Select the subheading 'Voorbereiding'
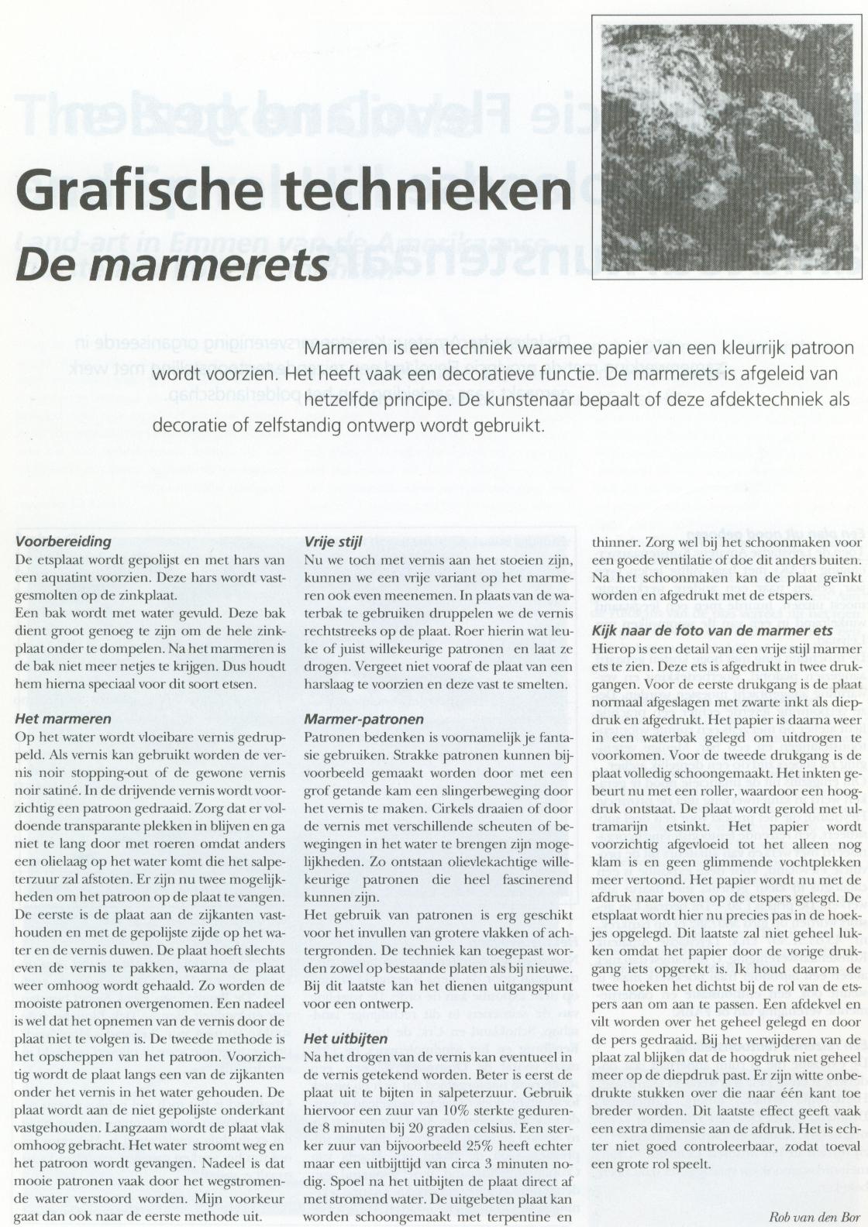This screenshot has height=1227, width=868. (x=64, y=541)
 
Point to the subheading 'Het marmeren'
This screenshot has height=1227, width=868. (x=63, y=718)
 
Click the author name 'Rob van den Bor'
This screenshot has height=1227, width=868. (x=814, y=1215)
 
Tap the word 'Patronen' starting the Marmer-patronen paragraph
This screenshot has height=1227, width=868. (x=330, y=737)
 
